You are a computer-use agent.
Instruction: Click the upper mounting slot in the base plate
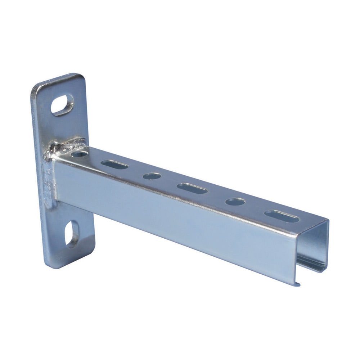pyautogui.click(x=62, y=104)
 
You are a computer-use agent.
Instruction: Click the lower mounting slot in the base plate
pyautogui.click(x=71, y=234)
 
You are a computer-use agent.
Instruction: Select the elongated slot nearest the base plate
pyautogui.click(x=114, y=165)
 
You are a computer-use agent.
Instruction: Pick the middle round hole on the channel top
pyautogui.click(x=152, y=176)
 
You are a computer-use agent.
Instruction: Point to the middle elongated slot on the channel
pyautogui.click(x=192, y=188)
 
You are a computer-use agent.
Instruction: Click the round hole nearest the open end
pyautogui.click(x=235, y=202)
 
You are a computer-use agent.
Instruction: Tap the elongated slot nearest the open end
pyautogui.click(x=282, y=216)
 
